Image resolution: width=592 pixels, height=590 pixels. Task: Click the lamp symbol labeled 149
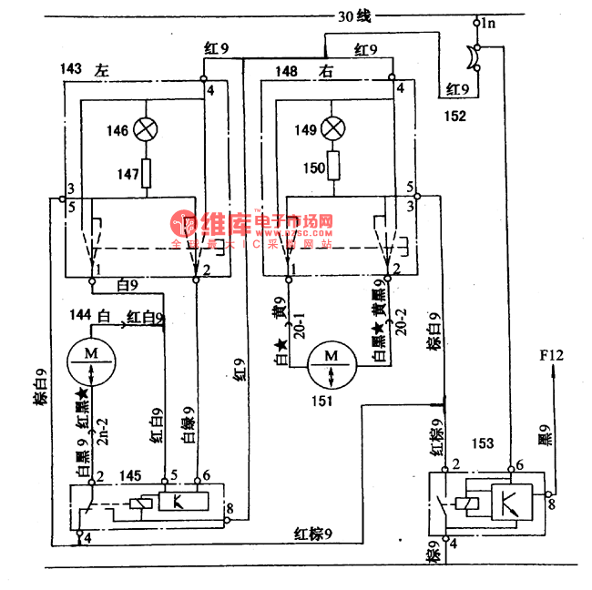coord(336,128)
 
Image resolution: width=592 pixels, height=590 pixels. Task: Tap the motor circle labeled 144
coord(91,355)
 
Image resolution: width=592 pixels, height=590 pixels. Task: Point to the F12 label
coord(552,354)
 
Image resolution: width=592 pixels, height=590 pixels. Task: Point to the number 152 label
coord(454,116)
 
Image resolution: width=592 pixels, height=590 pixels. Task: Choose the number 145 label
coord(129,474)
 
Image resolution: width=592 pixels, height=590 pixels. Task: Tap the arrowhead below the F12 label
coord(553,371)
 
